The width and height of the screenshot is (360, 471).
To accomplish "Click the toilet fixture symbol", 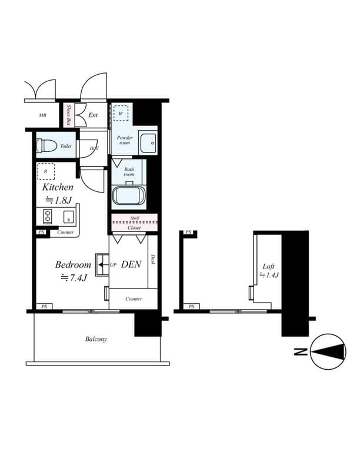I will (48, 145).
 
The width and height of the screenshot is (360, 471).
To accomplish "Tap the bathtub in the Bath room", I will (128, 195).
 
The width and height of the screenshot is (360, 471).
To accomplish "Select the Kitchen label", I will (58, 187).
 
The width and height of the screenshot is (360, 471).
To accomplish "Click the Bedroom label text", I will (74, 264).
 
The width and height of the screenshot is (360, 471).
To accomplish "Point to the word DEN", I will (131, 265).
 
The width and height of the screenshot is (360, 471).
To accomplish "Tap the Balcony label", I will (96, 339).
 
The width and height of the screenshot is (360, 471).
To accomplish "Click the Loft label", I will (268, 266).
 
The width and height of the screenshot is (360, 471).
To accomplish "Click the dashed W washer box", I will (121, 113).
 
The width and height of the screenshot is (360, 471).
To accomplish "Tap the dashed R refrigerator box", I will (46, 171).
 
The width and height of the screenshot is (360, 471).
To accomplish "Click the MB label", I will (42, 115).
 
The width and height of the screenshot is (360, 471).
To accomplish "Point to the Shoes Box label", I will (68, 115).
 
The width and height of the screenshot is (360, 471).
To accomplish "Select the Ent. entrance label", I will (94, 115).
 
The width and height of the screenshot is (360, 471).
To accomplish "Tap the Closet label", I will (134, 227).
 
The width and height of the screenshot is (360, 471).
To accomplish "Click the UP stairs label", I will (113, 265).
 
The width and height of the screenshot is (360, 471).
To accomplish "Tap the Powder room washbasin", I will (150, 141).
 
